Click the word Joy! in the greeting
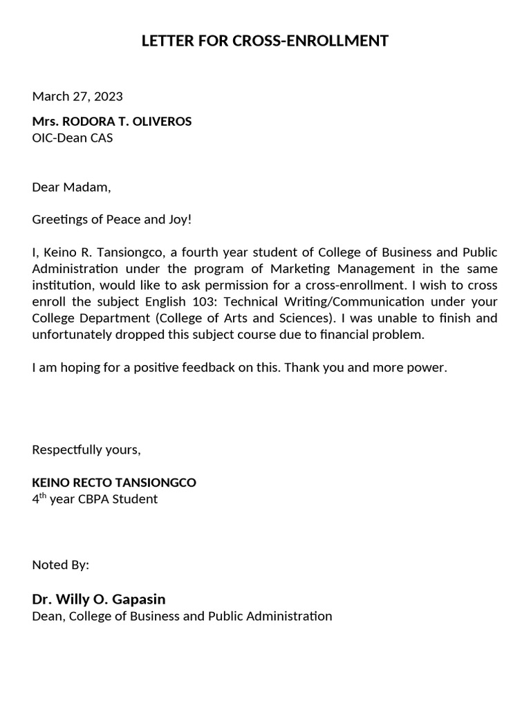[x=176, y=220]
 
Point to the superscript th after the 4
[x=41, y=495]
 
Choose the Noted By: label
[x=61, y=565]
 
